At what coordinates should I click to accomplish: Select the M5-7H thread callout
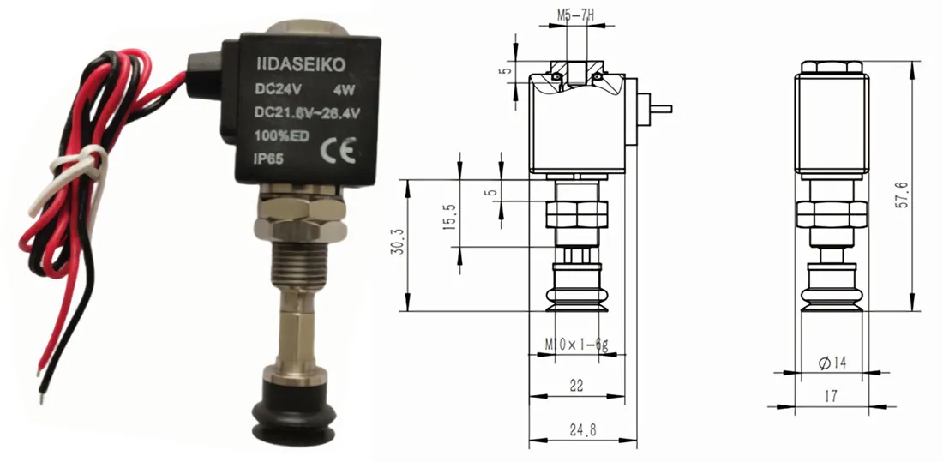[x=576, y=15]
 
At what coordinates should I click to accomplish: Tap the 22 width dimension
[x=576, y=387]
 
